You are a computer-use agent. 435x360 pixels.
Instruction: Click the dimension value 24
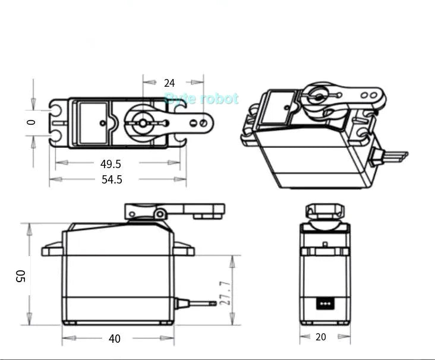[169, 83]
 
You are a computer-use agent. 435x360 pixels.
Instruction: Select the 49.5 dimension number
[111, 164]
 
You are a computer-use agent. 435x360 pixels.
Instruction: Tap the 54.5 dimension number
[112, 179]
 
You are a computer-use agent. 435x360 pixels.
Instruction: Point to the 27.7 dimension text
[225, 293]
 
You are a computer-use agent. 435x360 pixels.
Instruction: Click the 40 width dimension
[114, 339]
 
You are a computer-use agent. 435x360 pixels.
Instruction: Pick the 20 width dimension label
[321, 337]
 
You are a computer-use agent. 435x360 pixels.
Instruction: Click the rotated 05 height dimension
[21, 276]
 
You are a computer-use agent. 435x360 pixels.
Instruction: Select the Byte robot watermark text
[201, 99]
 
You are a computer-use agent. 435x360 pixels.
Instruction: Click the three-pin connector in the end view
[324, 302]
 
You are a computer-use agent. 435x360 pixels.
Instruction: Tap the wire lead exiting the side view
[196, 304]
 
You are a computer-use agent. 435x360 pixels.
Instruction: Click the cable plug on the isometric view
[389, 157]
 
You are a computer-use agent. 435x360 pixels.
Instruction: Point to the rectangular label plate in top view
[93, 122]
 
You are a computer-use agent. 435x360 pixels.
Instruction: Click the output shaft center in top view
[143, 122]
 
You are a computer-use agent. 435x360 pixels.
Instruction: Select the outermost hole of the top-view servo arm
[203, 123]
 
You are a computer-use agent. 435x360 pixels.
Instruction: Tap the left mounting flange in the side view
[52, 250]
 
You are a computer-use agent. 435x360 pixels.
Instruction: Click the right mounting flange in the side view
[184, 250]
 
